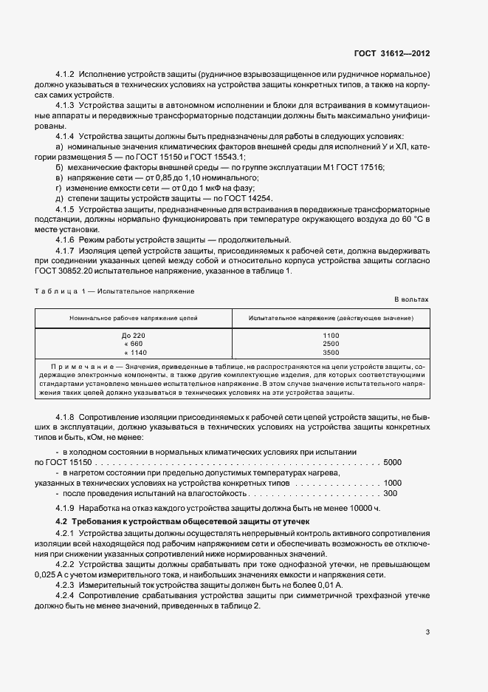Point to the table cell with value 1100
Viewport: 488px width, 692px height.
tap(331, 336)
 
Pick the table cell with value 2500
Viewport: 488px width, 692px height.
tap(331, 344)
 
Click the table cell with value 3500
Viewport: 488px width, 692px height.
tap(331, 352)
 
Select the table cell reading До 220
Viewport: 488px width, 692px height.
tap(134, 336)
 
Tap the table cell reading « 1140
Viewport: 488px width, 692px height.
tap(134, 352)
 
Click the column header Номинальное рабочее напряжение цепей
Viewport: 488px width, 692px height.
tap(134, 317)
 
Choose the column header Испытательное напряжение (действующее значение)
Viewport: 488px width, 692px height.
tap(331, 317)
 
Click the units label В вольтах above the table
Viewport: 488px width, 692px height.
tap(411, 299)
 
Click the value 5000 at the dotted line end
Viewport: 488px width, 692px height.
tap(393, 462)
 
